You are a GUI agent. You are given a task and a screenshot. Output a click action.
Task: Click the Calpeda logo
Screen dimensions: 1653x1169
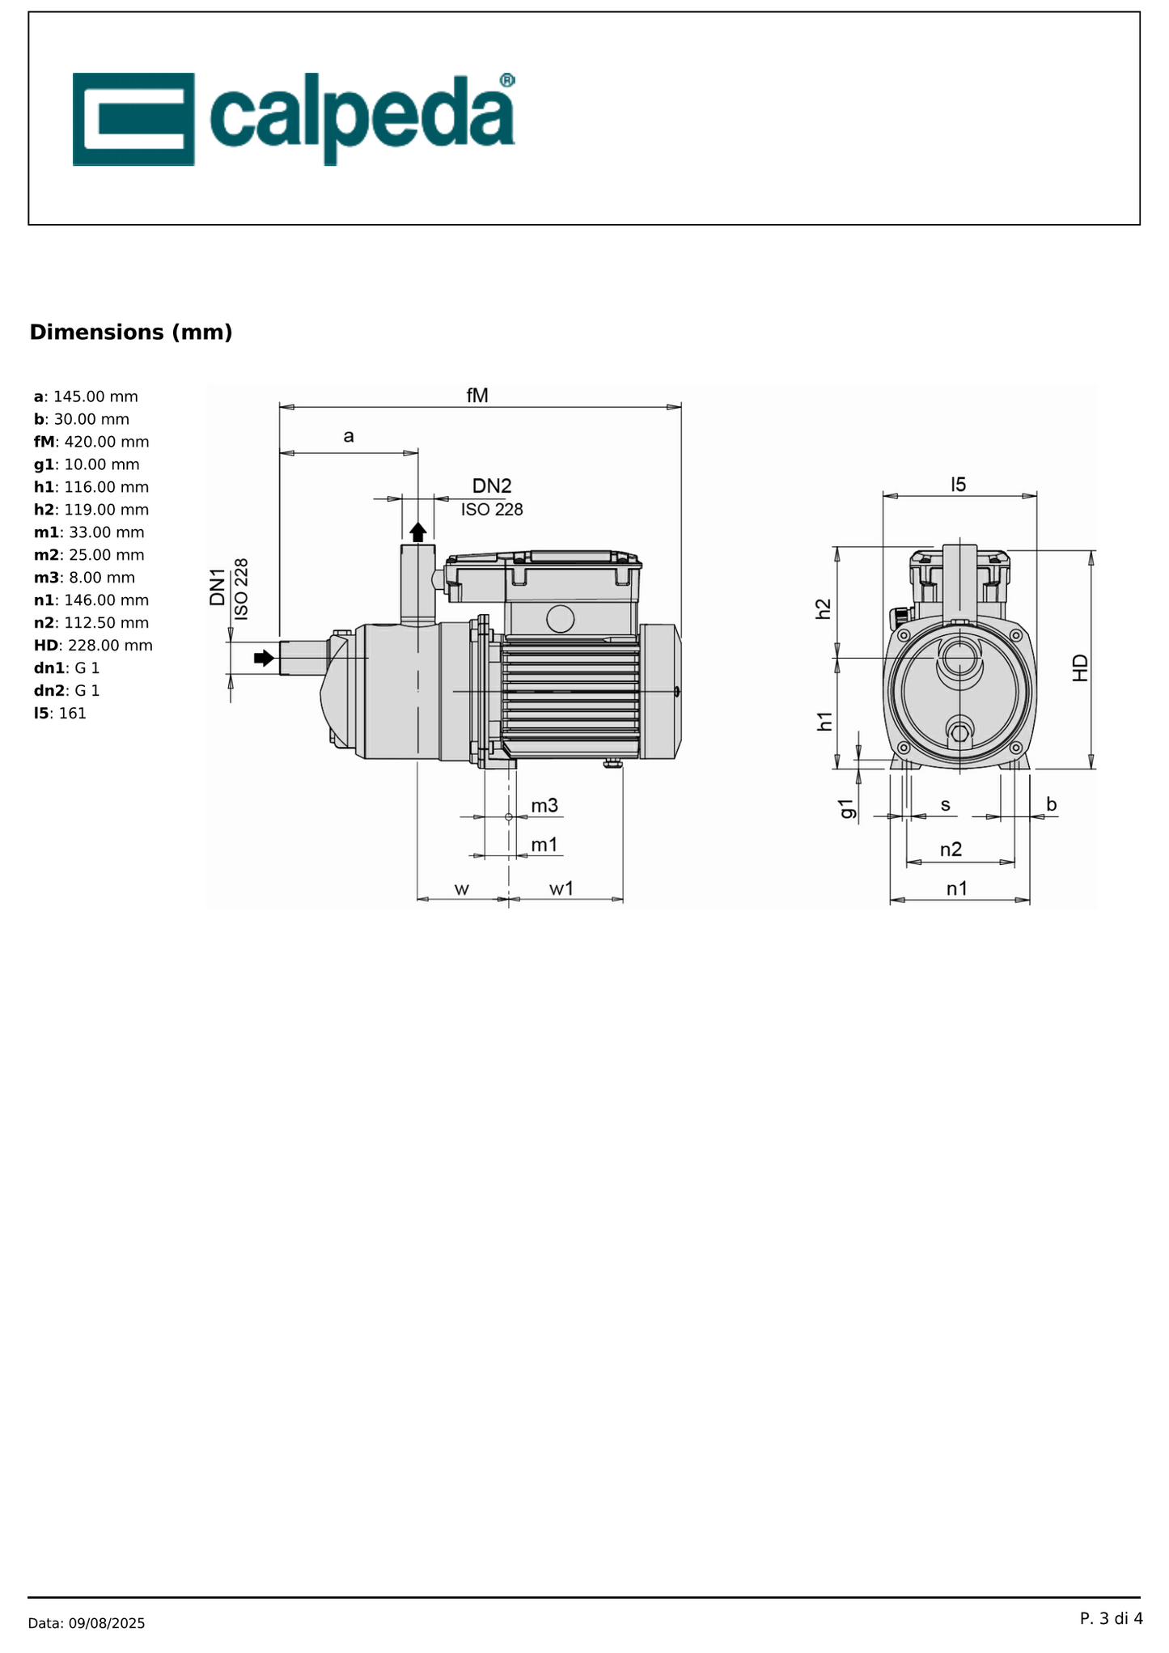point(294,119)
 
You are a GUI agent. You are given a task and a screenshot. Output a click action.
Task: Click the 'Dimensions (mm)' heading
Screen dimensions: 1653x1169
point(131,333)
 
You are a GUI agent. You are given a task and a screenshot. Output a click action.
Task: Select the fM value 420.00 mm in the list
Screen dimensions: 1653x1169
point(102,442)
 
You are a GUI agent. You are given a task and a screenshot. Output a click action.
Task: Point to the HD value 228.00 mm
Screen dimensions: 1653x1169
point(110,646)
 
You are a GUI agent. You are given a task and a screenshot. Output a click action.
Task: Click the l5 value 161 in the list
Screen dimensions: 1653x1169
point(72,714)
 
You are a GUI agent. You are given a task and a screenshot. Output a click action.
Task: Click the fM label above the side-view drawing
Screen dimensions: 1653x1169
point(477,395)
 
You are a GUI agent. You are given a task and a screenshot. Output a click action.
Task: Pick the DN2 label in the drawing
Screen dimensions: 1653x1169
point(492,485)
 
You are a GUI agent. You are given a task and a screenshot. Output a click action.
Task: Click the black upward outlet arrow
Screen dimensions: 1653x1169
point(417,532)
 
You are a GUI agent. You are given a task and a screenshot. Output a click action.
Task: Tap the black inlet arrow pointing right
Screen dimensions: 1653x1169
point(264,658)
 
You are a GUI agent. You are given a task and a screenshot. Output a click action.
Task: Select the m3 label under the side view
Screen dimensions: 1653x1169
point(544,805)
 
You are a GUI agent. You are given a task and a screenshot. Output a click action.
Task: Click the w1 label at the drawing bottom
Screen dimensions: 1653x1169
point(561,888)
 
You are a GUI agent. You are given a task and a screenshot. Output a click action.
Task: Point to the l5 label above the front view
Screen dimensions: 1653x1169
point(958,485)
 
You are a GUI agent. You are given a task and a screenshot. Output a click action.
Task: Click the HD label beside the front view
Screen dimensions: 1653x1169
point(1080,668)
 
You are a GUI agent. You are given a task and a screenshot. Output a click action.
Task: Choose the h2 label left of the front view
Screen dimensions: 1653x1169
point(823,608)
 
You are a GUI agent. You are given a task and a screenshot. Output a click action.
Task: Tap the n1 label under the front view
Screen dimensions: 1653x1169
point(957,888)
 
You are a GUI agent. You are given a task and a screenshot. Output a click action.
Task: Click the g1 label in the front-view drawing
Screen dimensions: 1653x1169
point(846,808)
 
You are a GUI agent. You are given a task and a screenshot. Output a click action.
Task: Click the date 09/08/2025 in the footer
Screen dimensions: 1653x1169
point(107,1623)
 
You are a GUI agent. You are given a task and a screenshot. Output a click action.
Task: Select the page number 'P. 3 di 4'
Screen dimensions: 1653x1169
point(1111,1618)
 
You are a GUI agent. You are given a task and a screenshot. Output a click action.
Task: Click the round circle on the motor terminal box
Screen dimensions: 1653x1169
point(560,619)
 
